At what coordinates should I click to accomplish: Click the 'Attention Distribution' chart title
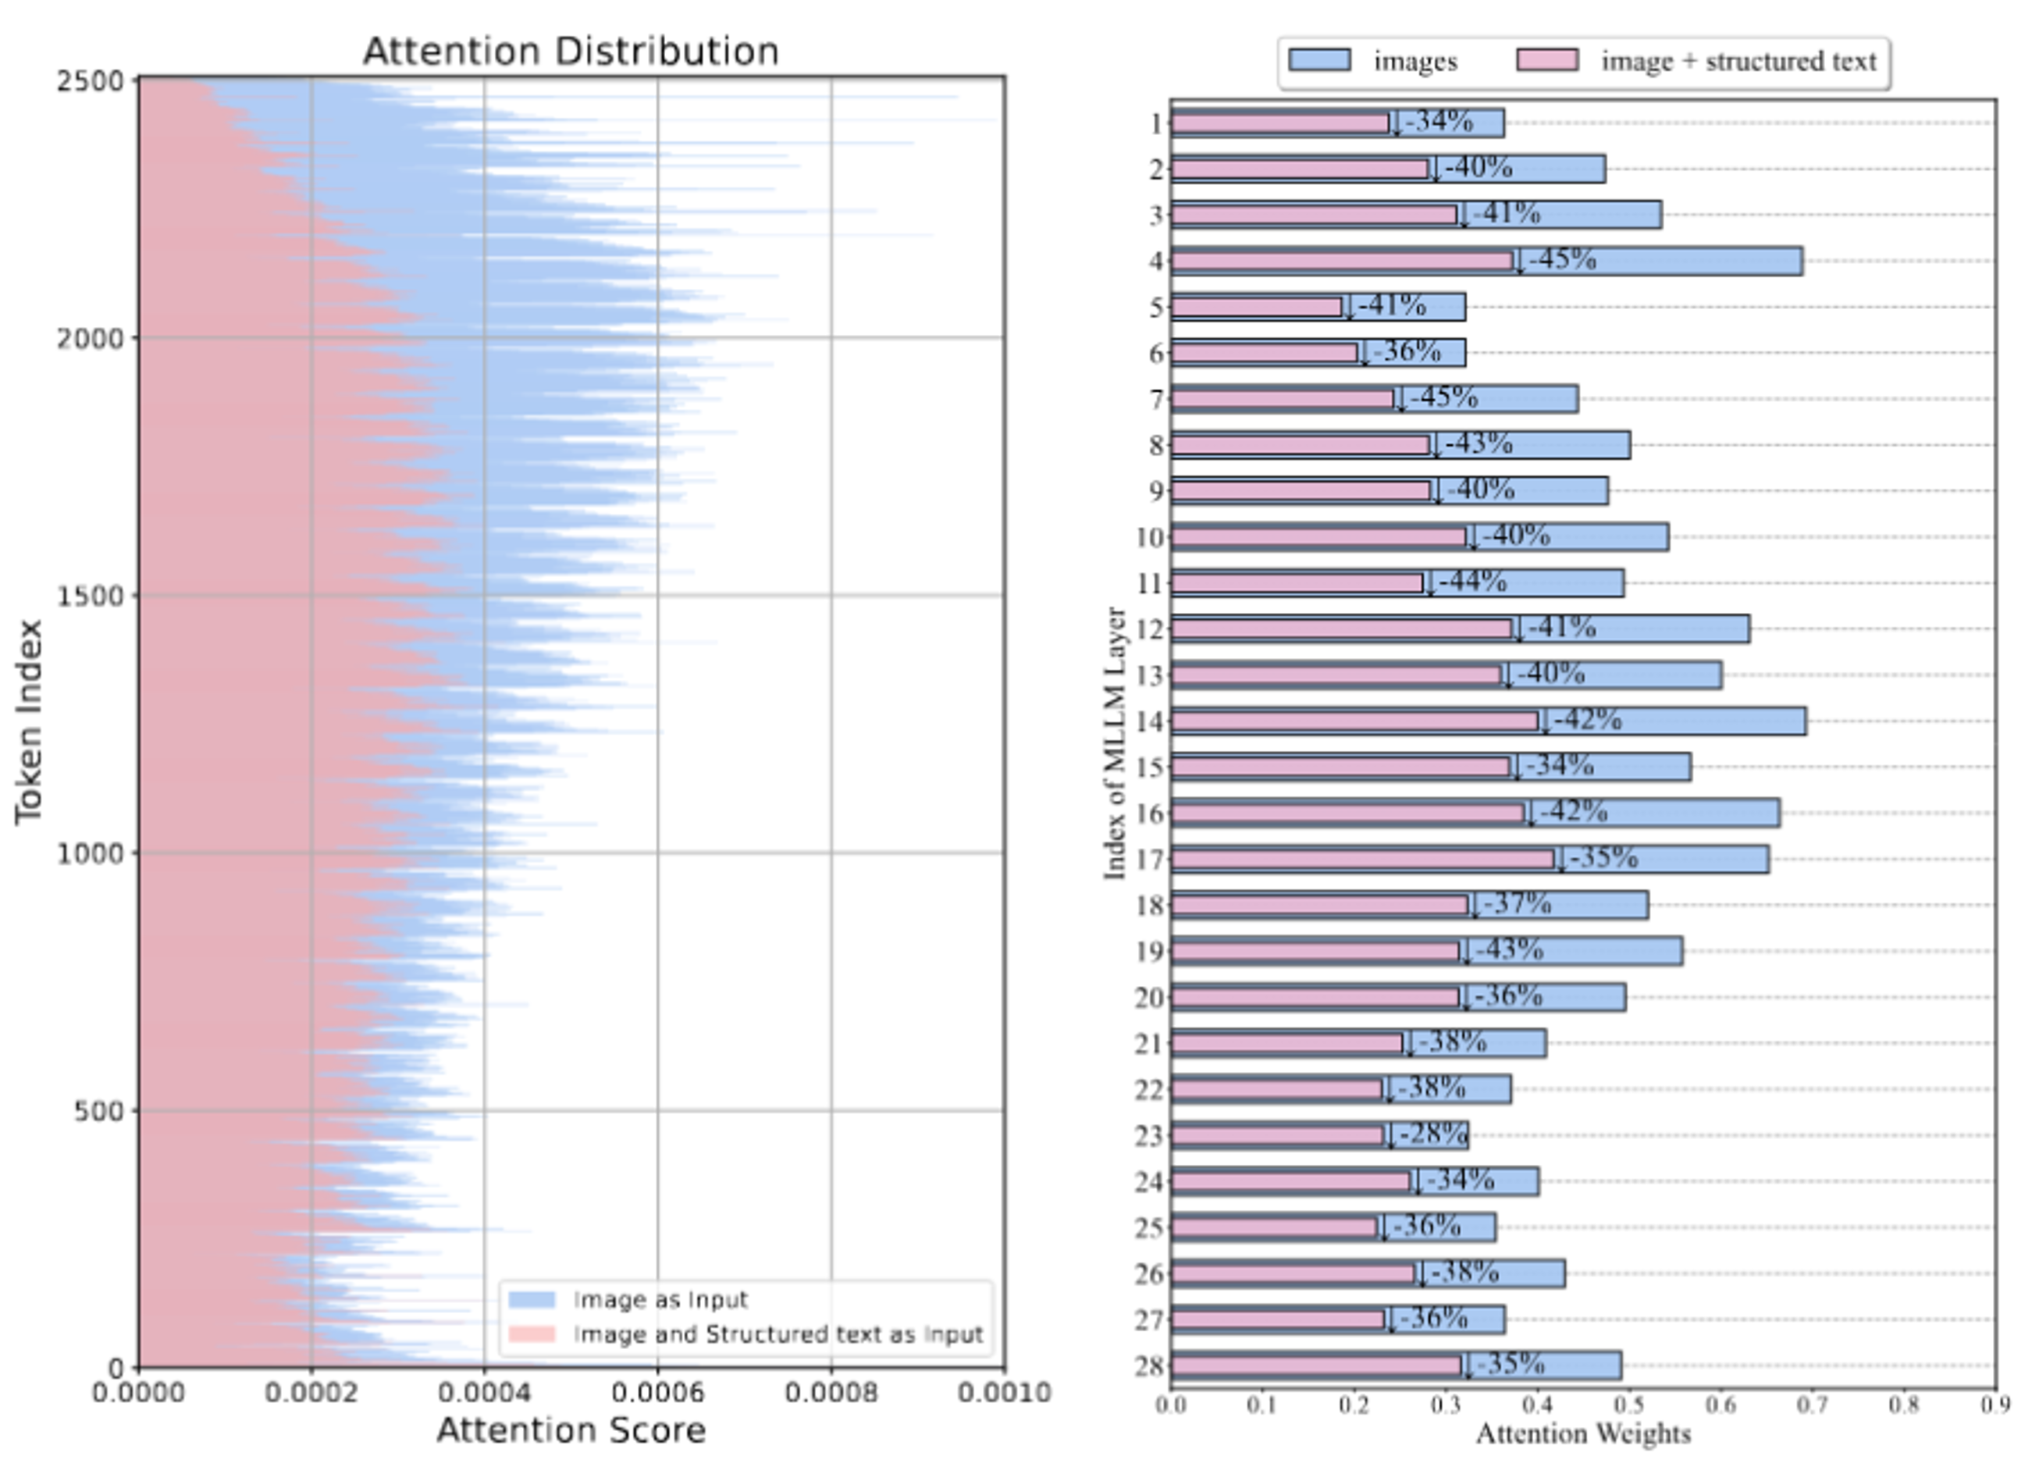pyautogui.click(x=570, y=52)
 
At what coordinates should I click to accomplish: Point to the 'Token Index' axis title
pyautogui.click(x=29, y=721)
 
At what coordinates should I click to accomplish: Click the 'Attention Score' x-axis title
pyautogui.click(x=571, y=1430)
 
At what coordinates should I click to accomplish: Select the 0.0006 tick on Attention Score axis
pyautogui.click(x=657, y=1393)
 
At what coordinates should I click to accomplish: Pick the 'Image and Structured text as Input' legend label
pyautogui.click(x=778, y=1333)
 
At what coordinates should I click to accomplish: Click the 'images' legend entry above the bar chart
pyautogui.click(x=1415, y=61)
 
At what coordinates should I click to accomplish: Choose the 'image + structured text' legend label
pyautogui.click(x=1738, y=61)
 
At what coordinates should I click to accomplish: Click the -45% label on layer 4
pyautogui.click(x=1563, y=260)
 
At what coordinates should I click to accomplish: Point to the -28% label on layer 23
pyautogui.click(x=1434, y=1134)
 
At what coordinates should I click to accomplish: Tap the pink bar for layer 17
pyautogui.click(x=1362, y=860)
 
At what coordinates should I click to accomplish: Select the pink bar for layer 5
pyautogui.click(x=1256, y=308)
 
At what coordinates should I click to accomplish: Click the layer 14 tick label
pyautogui.click(x=1149, y=721)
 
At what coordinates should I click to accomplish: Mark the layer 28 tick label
pyautogui.click(x=1149, y=1367)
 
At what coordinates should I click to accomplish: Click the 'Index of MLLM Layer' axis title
pyautogui.click(x=1115, y=742)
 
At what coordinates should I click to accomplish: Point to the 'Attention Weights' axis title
pyautogui.click(x=1583, y=1433)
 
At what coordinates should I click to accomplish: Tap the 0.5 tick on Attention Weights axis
pyautogui.click(x=1628, y=1405)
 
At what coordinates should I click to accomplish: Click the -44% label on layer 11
pyautogui.click(x=1472, y=582)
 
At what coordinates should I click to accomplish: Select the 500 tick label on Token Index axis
pyautogui.click(x=99, y=1112)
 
